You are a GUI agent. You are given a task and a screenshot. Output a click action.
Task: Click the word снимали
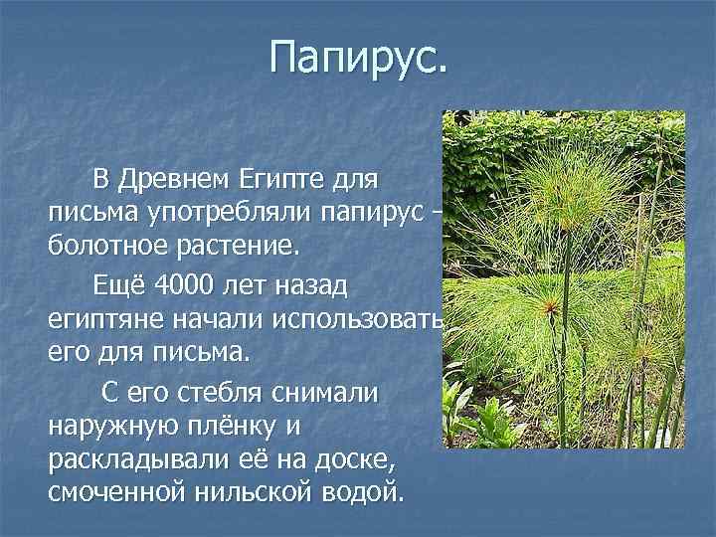(329, 393)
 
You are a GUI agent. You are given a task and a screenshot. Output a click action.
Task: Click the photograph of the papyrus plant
(564, 278)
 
